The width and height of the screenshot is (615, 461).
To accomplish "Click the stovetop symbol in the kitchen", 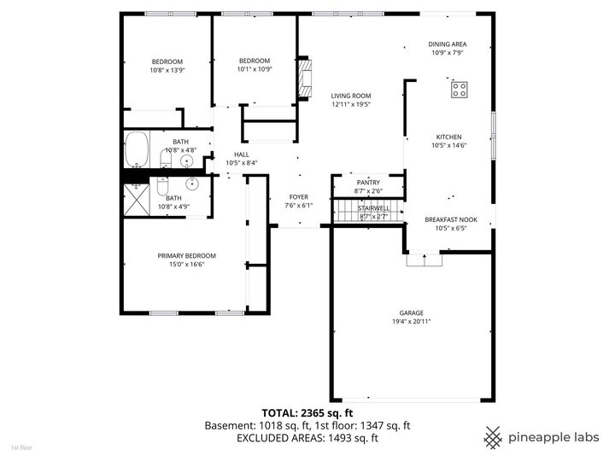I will tap(459, 89).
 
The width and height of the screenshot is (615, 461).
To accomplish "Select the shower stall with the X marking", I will tap(137, 199).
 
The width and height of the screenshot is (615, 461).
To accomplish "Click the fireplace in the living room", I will tap(305, 79).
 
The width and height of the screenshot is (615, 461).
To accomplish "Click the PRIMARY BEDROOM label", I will tap(186, 255).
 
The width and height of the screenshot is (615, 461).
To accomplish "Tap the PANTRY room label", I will tap(368, 182).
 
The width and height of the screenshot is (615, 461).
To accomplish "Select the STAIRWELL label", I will tap(373, 207).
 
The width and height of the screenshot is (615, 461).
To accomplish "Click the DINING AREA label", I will tap(447, 44).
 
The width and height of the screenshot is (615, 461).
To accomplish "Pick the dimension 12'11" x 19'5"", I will tap(351, 104).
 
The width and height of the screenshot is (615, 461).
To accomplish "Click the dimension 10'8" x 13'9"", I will tap(167, 70).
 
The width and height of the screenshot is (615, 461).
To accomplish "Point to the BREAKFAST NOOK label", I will tap(450, 219).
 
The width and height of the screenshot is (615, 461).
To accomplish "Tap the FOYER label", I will tap(298, 196).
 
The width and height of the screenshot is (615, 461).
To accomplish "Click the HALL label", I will tap(241, 155).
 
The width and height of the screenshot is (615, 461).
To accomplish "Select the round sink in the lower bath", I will tap(193, 183).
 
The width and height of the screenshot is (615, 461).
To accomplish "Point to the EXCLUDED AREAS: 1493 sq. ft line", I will tap(307, 438).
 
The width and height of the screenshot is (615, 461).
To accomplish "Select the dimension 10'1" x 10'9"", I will tap(254, 69).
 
